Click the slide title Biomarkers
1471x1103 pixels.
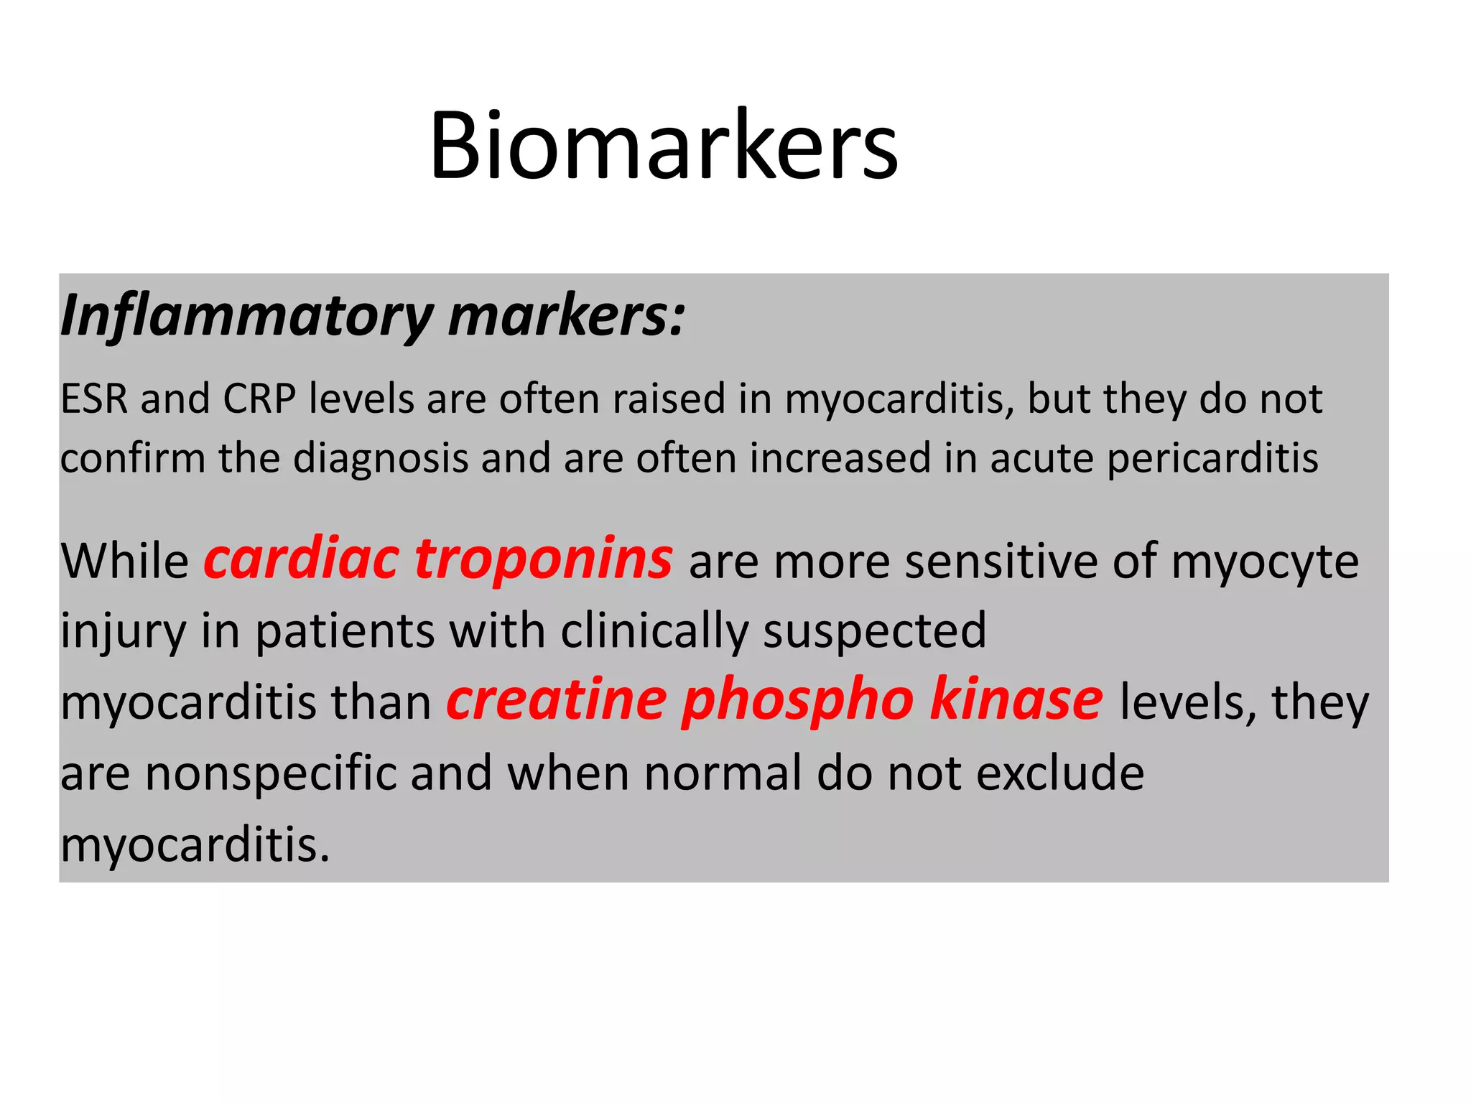tap(663, 145)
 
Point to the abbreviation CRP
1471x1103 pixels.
tap(259, 399)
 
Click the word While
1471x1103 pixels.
tap(124, 561)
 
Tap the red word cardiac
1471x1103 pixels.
tap(301, 559)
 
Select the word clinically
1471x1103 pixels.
tap(654, 632)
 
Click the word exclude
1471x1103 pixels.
tap(1060, 773)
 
